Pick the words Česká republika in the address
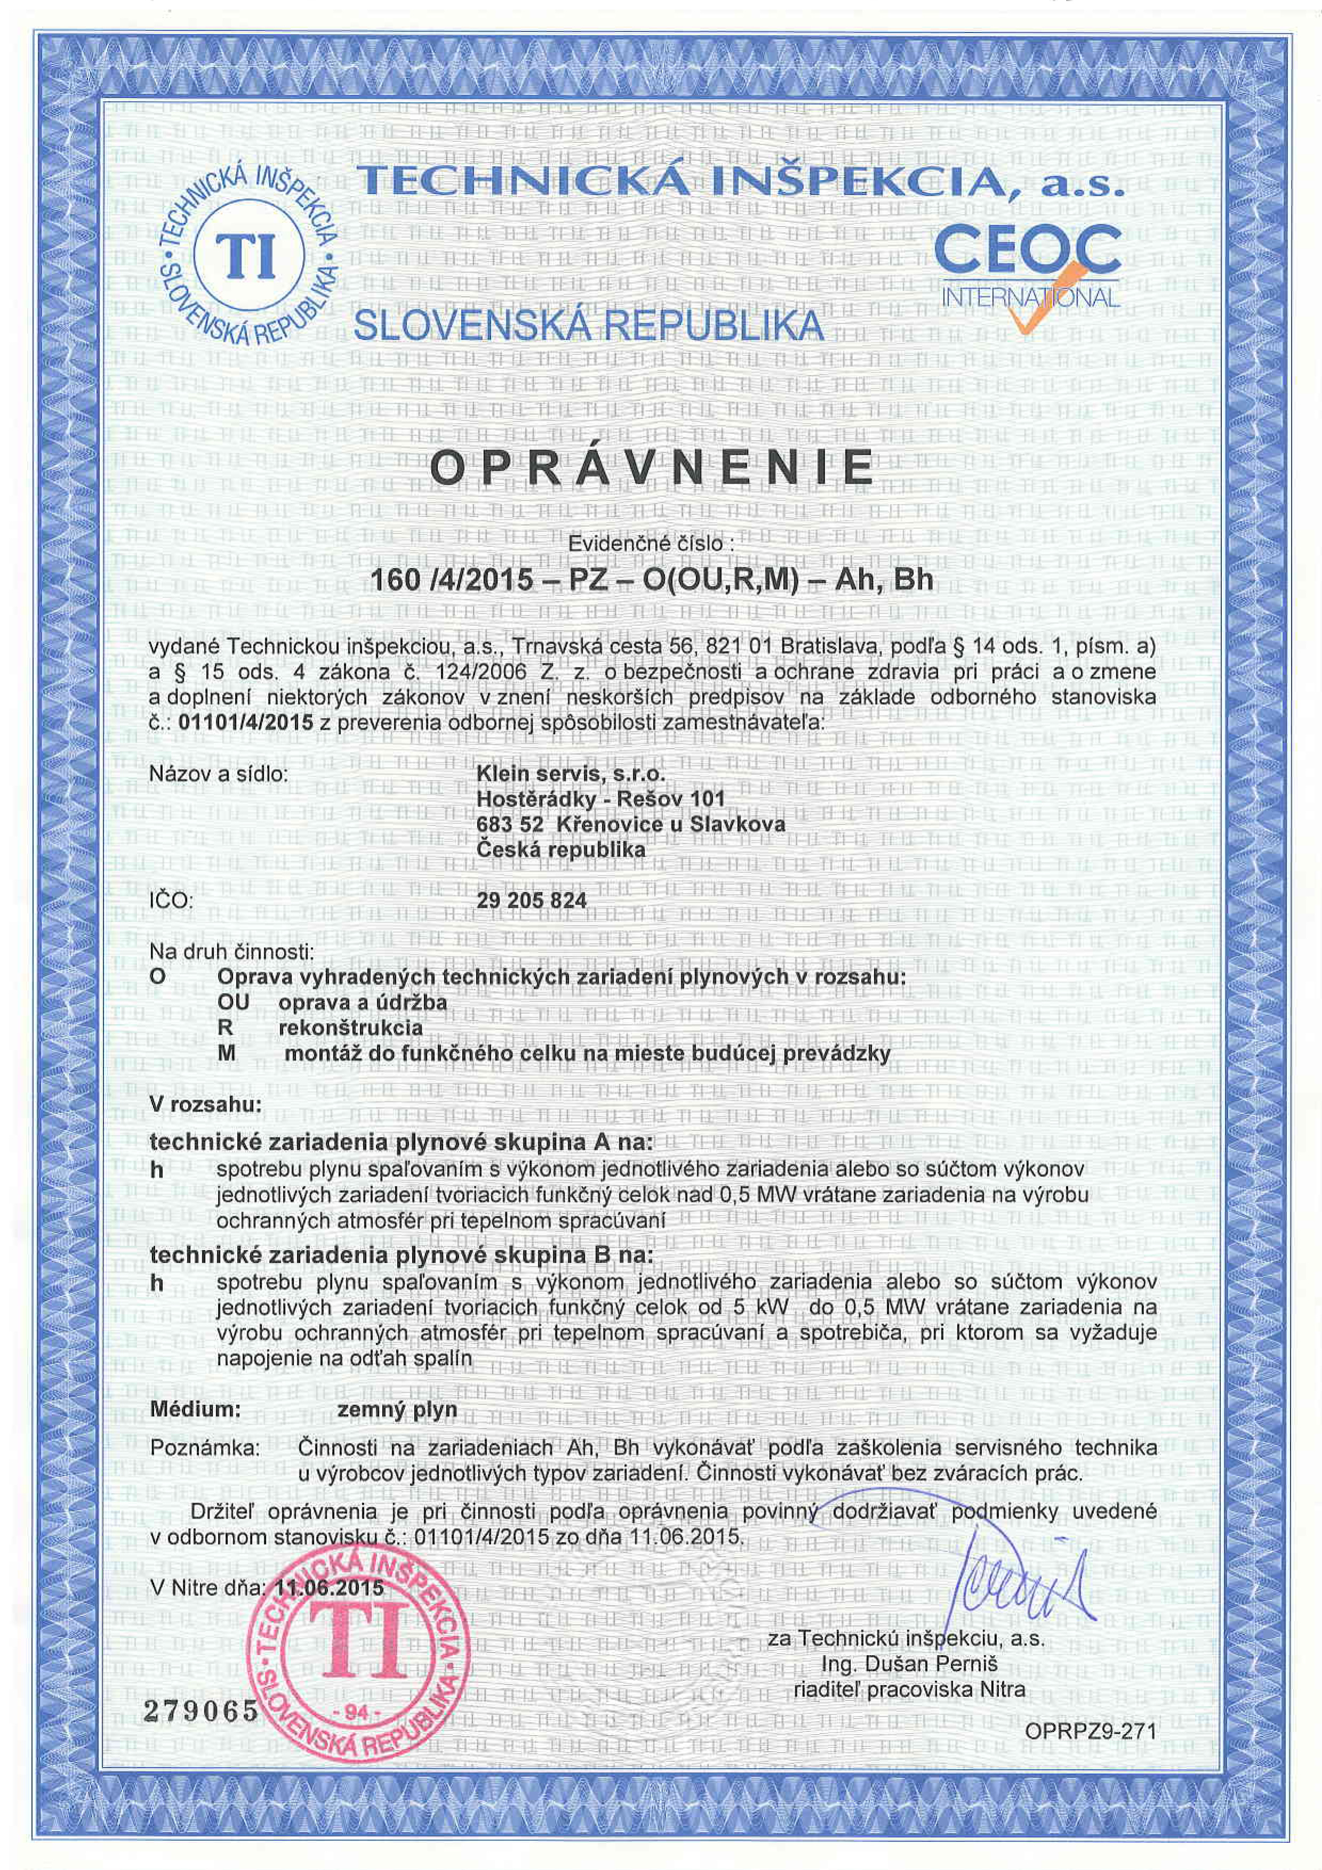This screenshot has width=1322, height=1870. pos(560,850)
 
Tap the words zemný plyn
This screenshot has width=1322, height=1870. pos(397,1410)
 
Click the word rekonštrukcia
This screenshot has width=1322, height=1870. pos(350,1028)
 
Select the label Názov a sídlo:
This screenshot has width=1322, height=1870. pos(219,773)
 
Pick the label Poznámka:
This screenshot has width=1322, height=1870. pos(205,1449)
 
